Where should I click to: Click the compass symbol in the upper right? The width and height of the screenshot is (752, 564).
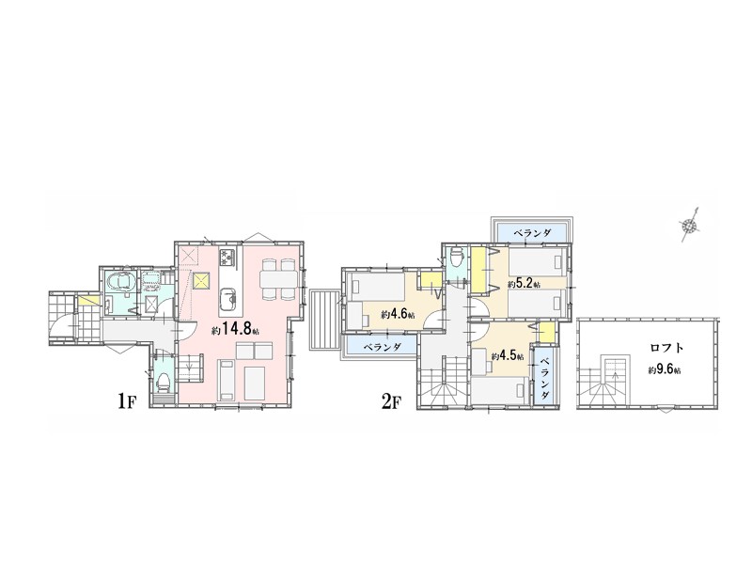click(x=689, y=225)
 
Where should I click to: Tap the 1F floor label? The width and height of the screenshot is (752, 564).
click(x=126, y=401)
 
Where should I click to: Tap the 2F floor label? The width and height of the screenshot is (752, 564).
click(x=389, y=401)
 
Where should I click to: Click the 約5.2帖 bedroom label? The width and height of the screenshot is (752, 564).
click(x=525, y=284)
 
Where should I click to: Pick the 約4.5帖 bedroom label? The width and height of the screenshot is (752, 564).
click(x=507, y=356)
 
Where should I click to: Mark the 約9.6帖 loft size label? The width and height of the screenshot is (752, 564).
click(x=666, y=369)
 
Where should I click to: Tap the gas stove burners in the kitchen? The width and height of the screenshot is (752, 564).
click(x=227, y=258)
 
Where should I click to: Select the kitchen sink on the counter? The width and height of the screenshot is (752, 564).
click(x=228, y=301)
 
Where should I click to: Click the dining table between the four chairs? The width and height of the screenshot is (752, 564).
click(x=278, y=278)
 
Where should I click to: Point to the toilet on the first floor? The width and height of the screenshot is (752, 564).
click(x=163, y=381)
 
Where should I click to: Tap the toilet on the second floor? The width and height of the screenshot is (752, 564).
click(x=458, y=258)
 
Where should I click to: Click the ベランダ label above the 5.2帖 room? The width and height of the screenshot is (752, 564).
click(x=532, y=233)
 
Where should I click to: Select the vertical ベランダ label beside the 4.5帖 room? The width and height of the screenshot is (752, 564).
click(x=545, y=378)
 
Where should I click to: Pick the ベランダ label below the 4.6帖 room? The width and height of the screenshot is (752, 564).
click(x=382, y=346)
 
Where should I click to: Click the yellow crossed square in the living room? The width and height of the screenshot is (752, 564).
click(x=202, y=280)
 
